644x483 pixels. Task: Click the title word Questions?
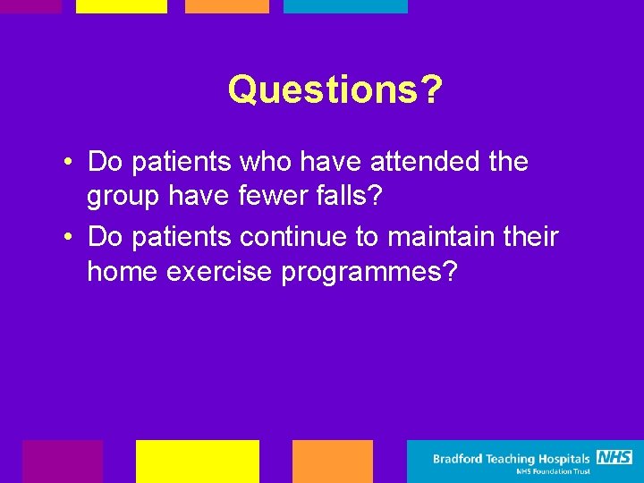click(335, 89)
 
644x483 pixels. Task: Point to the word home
click(123, 272)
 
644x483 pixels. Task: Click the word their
click(528, 237)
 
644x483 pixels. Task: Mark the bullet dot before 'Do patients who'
click(68, 164)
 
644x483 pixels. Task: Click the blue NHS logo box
click(614, 457)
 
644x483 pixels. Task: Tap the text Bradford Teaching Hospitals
click(512, 459)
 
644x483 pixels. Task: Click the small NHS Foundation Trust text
click(553, 471)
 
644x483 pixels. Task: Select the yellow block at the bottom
click(197, 461)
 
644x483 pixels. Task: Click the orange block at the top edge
click(226, 6)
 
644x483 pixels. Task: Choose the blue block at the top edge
click(345, 6)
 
